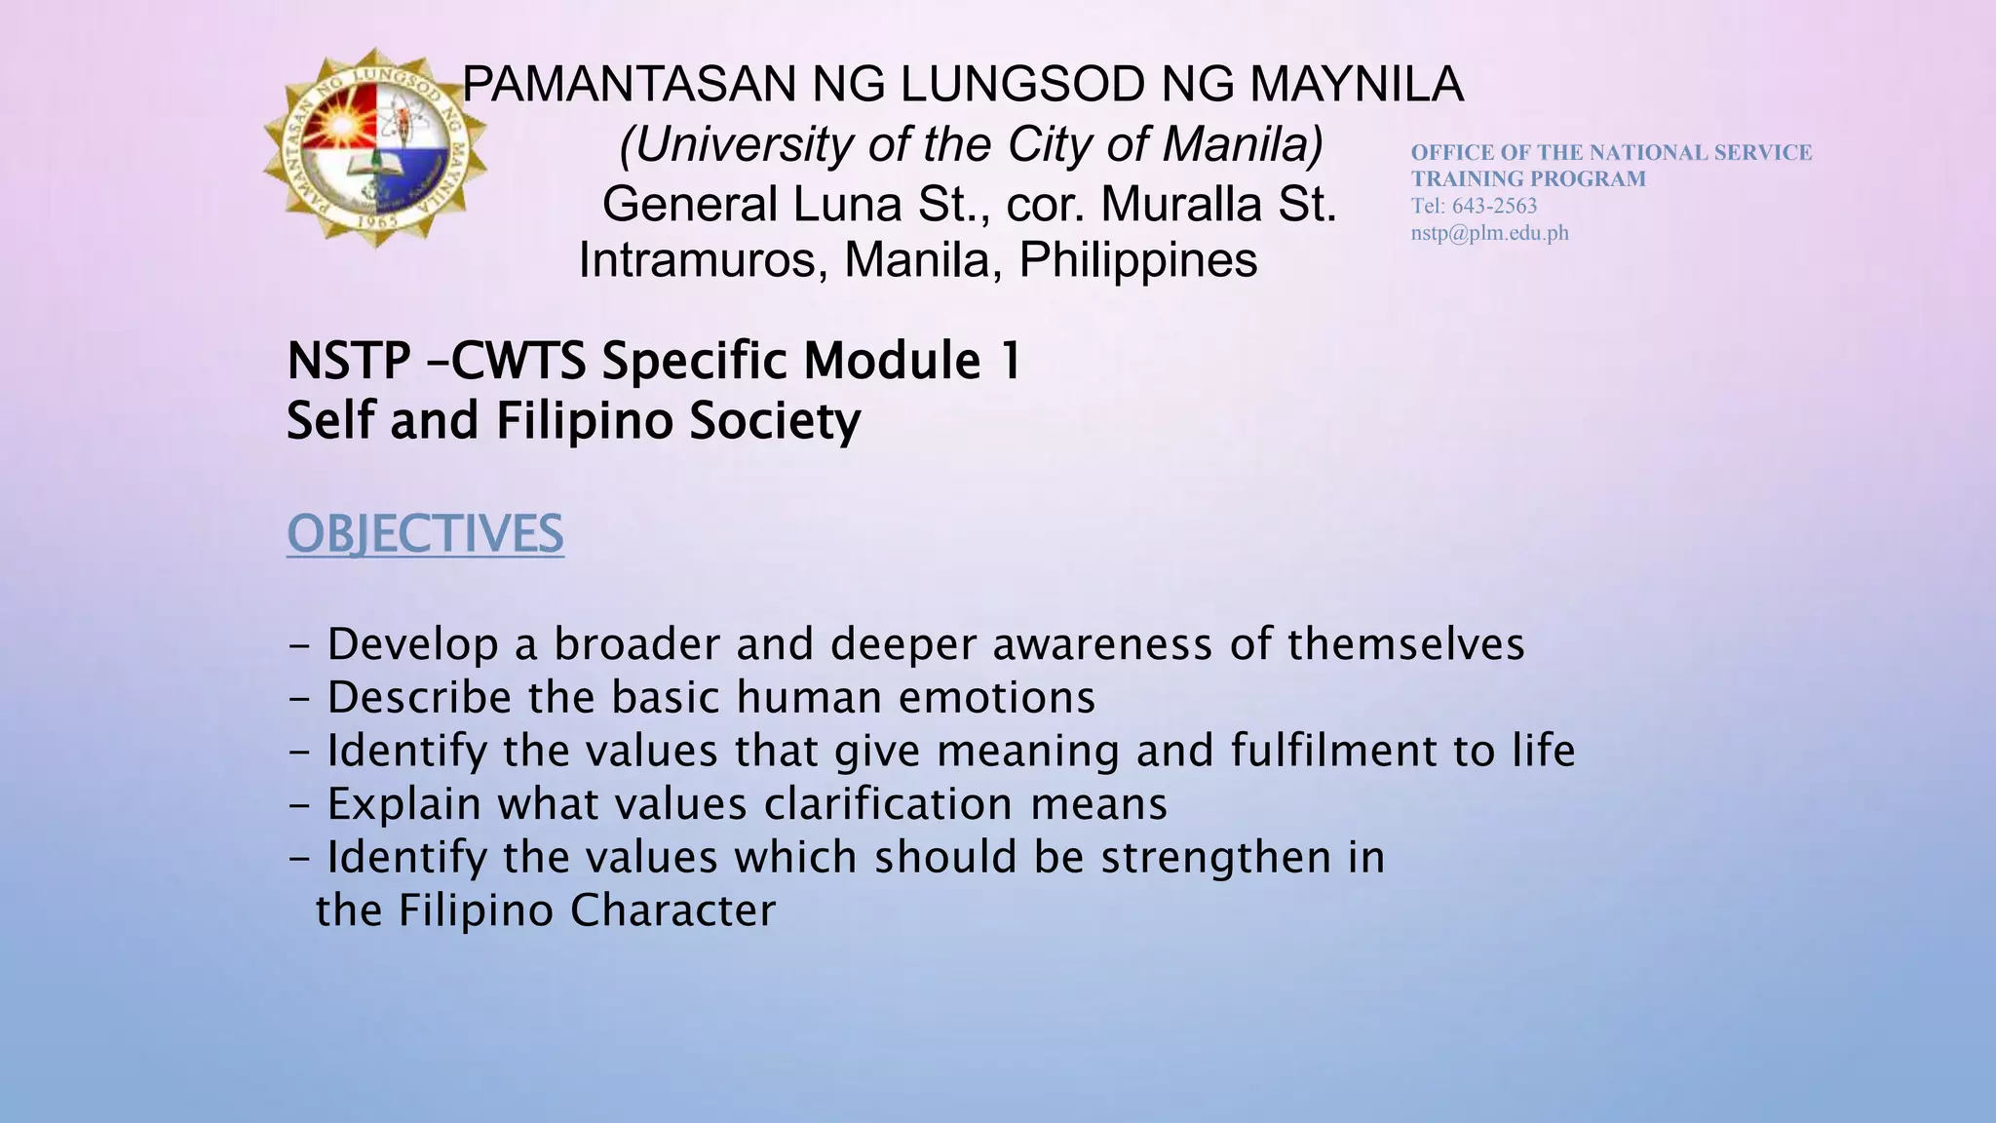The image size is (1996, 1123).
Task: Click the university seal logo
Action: [x=376, y=148]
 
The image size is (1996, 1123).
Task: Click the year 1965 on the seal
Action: [x=375, y=220]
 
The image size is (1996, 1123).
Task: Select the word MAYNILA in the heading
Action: [x=1357, y=85]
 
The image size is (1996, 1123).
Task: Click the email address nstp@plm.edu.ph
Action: [x=1489, y=233]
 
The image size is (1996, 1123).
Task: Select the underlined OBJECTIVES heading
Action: [x=425, y=534]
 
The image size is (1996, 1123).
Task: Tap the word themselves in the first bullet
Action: [x=1405, y=644]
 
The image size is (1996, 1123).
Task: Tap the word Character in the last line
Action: [x=672, y=910]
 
